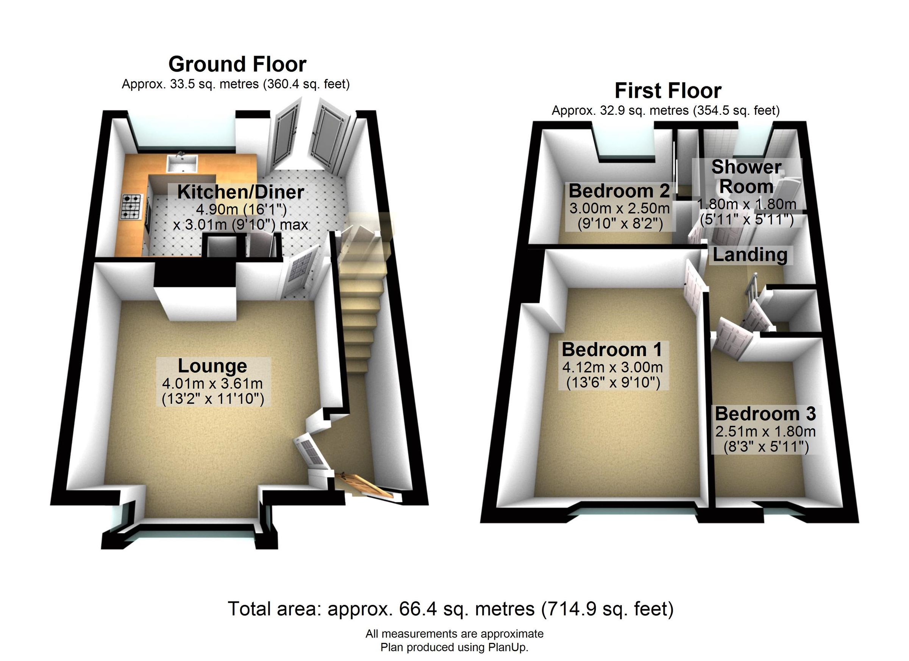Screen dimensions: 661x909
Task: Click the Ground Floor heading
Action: click(x=237, y=64)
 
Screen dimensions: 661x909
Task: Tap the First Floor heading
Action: click(x=668, y=91)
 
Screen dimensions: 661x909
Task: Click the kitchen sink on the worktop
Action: click(x=182, y=164)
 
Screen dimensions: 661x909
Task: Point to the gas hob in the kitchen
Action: click(x=131, y=206)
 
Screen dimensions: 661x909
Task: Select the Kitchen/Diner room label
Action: click(x=241, y=192)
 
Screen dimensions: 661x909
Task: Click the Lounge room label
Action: click(x=212, y=366)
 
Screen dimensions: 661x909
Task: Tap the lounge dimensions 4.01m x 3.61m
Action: click(x=212, y=384)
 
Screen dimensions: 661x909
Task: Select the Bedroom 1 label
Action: click(x=612, y=350)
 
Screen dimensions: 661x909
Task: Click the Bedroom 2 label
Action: click(x=619, y=191)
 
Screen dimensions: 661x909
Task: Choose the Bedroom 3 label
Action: click(x=765, y=414)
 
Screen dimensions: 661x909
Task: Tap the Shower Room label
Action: click(x=746, y=177)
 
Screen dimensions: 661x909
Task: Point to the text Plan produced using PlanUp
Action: click(x=454, y=647)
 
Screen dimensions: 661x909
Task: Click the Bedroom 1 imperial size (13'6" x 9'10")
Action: click(x=613, y=383)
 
